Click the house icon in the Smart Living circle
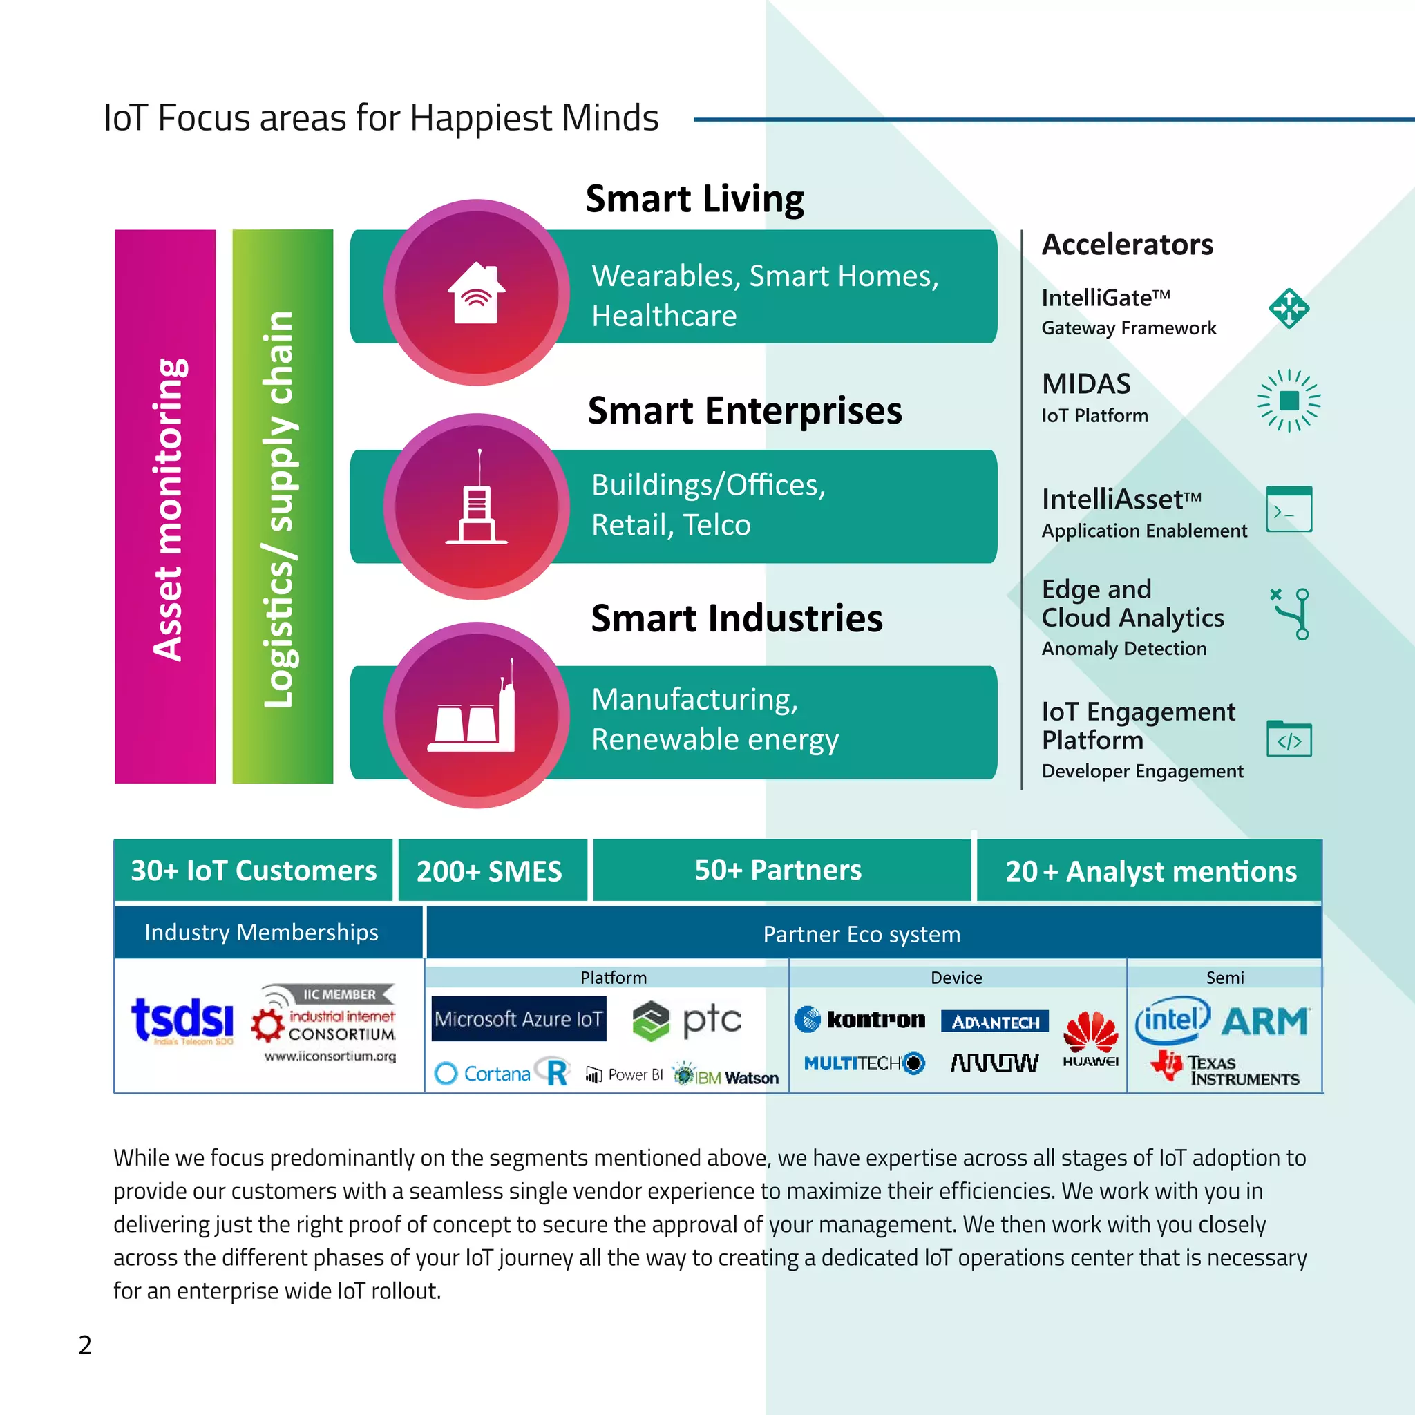click(476, 293)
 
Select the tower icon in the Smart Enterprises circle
click(476, 502)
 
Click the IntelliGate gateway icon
click(1289, 308)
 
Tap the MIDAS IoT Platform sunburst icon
click(1289, 401)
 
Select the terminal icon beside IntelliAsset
click(1289, 509)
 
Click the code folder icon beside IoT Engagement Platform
click(1289, 739)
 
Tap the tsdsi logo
click(182, 1020)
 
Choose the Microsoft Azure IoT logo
click(519, 1019)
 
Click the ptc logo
click(687, 1020)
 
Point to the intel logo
click(1172, 1020)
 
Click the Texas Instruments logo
click(1224, 1070)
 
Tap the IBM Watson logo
click(727, 1076)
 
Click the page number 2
click(85, 1345)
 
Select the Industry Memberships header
click(261, 932)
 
